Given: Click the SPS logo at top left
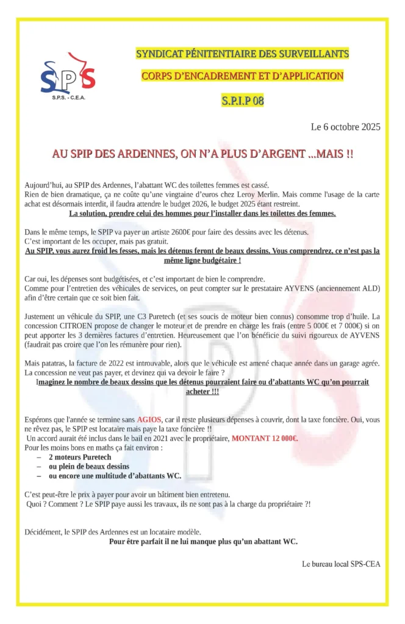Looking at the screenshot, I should (x=67, y=76).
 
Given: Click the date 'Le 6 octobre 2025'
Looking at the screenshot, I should (x=345, y=127).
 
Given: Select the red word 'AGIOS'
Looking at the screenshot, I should (x=150, y=420).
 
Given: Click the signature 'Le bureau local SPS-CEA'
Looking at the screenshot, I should (x=341, y=564).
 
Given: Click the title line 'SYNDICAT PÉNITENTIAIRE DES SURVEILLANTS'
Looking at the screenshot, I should (x=242, y=54).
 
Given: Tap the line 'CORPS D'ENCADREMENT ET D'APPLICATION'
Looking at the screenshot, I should (x=242, y=76).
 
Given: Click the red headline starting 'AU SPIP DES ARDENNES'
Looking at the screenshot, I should (x=202, y=155).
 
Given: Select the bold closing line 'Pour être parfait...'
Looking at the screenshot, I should (x=203, y=541).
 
